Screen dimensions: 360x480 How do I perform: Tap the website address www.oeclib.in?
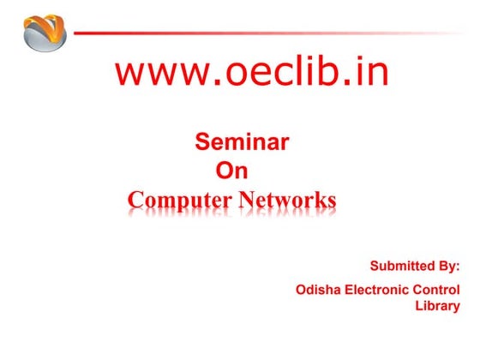click(252, 73)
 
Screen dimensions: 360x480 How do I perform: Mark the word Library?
click(438, 305)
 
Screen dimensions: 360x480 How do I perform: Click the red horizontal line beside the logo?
click(257, 33)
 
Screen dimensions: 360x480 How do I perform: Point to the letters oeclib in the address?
click(283, 73)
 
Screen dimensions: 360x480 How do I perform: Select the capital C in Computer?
click(135, 201)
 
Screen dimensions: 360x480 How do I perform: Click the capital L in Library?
click(419, 305)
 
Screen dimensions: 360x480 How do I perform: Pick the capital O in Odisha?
click(301, 290)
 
